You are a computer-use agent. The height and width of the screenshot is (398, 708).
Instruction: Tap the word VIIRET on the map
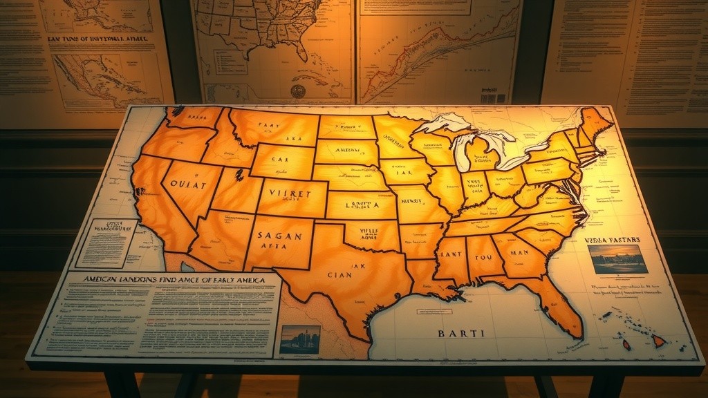(x=290, y=194)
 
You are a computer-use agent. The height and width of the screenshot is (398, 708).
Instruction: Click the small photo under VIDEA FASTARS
(x=617, y=259)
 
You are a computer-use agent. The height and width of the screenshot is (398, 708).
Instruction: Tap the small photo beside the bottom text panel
(x=299, y=339)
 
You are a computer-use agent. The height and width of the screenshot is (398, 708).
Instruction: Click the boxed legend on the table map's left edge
(x=107, y=243)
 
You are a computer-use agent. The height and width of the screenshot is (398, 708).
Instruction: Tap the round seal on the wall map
(x=298, y=91)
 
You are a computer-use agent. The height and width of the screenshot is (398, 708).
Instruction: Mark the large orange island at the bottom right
(x=658, y=341)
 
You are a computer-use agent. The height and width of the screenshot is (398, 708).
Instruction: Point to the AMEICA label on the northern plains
(x=349, y=150)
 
